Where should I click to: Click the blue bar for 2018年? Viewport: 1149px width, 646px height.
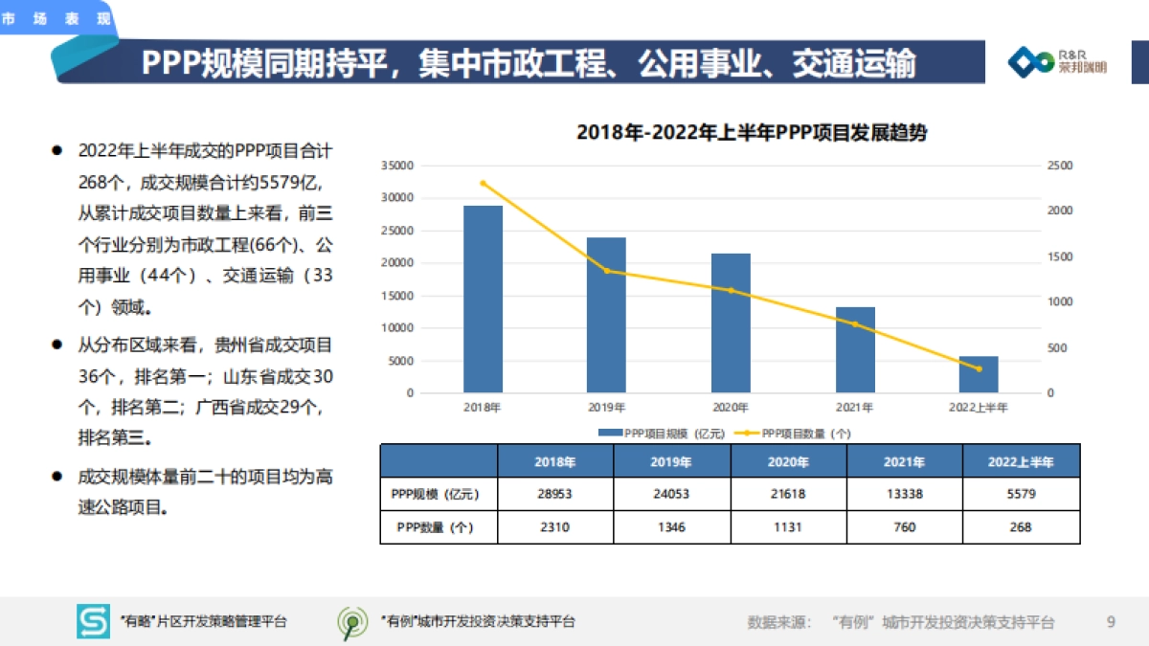click(x=483, y=299)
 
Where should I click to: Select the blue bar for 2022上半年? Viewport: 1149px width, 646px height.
click(x=979, y=374)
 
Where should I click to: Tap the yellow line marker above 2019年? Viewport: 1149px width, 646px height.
click(x=606, y=271)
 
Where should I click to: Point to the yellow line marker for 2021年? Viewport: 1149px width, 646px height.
click(x=855, y=324)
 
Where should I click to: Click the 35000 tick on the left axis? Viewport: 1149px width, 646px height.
click(x=396, y=166)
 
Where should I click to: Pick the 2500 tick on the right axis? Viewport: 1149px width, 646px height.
click(x=1060, y=166)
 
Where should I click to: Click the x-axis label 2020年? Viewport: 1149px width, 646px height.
click(x=731, y=408)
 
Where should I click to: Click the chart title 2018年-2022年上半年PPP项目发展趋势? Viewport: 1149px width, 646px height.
click(x=752, y=133)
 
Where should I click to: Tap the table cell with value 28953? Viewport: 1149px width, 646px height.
click(x=555, y=494)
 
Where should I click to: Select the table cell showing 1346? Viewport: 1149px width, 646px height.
click(x=671, y=527)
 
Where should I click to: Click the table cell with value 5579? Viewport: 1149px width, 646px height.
click(x=1021, y=494)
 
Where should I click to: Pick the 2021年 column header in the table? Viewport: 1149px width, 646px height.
click(x=904, y=461)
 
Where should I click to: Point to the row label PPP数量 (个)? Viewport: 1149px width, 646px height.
click(x=438, y=527)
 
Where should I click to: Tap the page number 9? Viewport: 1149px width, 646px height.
click(x=1111, y=622)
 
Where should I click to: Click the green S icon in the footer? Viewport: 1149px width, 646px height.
click(x=93, y=622)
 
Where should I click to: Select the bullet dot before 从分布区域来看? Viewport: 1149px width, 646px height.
click(x=57, y=344)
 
